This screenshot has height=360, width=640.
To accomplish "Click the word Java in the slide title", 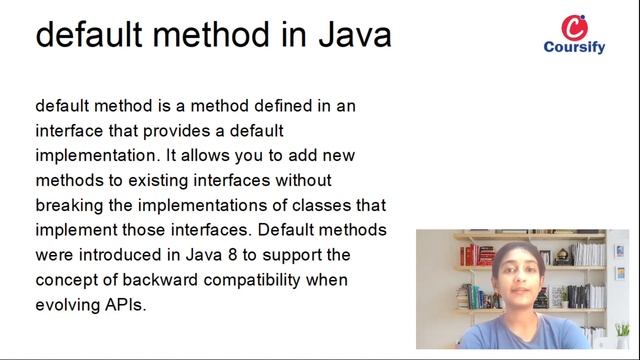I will click(x=355, y=34).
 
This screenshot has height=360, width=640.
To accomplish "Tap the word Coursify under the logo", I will click(x=575, y=47).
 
